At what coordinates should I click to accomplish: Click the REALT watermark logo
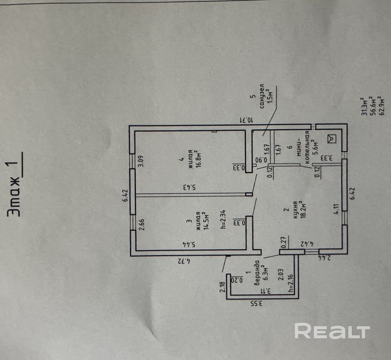point(332,331)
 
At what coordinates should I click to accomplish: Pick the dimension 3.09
point(140,159)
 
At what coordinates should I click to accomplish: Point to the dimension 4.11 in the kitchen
point(336,209)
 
